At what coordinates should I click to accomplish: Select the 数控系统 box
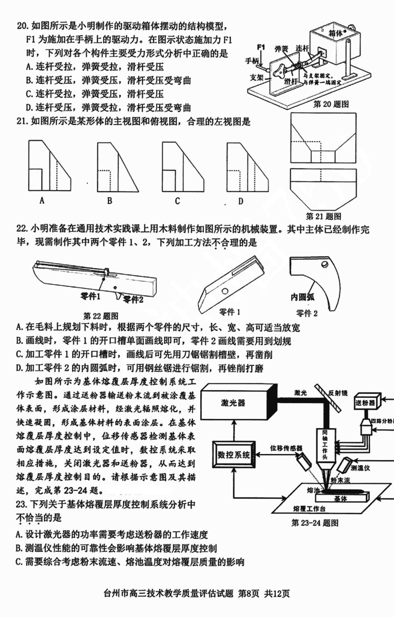coord(234,455)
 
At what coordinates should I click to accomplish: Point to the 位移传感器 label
coord(286,448)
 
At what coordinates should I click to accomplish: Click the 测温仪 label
coord(360,468)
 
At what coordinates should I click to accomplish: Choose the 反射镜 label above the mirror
coord(338,393)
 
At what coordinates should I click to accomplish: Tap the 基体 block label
coord(340,498)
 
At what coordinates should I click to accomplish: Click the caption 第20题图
coord(331,104)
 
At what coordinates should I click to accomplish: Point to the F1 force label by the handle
coord(261,47)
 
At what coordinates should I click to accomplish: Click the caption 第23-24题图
coord(314,522)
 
